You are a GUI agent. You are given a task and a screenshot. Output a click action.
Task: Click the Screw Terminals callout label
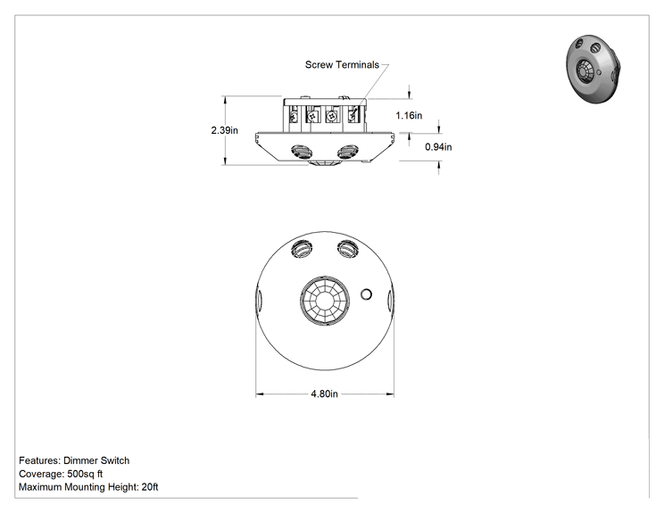click(x=342, y=65)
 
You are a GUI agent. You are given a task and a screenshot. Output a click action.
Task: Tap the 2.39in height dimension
click(x=224, y=130)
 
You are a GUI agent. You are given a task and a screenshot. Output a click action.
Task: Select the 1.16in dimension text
click(x=409, y=116)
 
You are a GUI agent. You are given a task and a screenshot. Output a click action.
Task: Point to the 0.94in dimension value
click(x=438, y=147)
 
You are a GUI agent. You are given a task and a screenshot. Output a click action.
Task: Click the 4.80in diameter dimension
click(x=324, y=394)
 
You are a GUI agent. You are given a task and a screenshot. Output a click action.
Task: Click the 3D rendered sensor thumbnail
click(x=594, y=70)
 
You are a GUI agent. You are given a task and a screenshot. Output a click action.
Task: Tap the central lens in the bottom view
click(x=325, y=301)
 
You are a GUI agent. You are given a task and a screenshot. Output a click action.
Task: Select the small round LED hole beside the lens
click(x=366, y=294)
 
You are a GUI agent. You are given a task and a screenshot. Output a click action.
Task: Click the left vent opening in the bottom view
click(x=302, y=249)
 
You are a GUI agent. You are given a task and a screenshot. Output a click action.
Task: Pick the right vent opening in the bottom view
click(x=348, y=248)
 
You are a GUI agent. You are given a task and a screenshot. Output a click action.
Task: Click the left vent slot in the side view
click(x=302, y=152)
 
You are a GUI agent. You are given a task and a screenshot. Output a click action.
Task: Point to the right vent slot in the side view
click(x=348, y=152)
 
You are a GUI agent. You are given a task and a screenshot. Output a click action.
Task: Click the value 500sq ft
click(x=85, y=474)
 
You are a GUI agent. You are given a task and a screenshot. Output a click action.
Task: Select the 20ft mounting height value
click(x=150, y=487)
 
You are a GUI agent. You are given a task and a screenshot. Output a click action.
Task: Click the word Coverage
click(x=41, y=474)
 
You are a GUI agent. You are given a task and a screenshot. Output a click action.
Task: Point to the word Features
click(x=40, y=460)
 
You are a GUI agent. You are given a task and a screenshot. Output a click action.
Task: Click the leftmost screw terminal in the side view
click(x=294, y=115)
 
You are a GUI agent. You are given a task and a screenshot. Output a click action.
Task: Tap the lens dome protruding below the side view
click(x=324, y=163)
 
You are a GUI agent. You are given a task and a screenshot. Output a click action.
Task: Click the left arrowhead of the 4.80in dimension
click(x=260, y=394)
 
